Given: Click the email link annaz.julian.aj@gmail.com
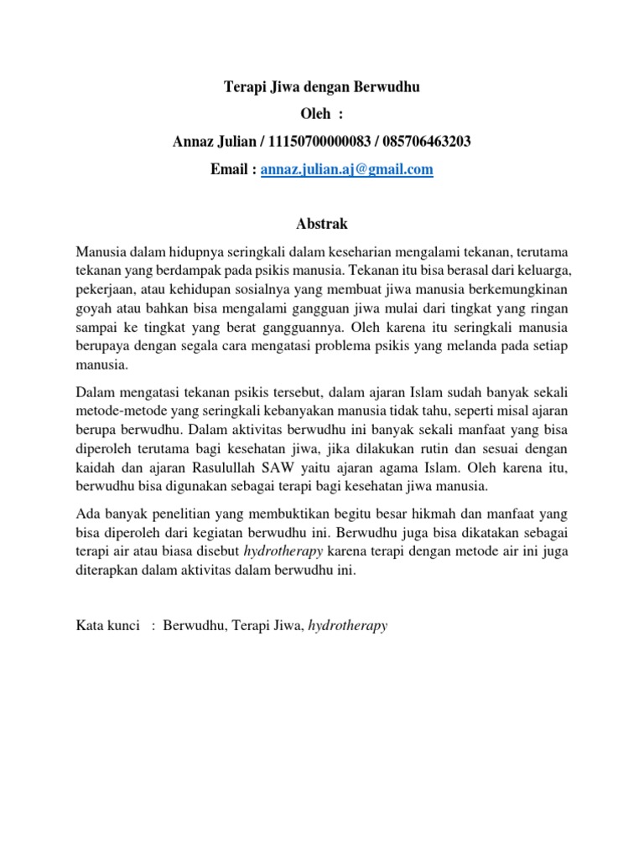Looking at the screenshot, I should (346, 169).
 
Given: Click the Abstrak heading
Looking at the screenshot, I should (322, 225).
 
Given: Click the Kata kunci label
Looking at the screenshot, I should (107, 625).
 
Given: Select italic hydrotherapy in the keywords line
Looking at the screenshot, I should (347, 625).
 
